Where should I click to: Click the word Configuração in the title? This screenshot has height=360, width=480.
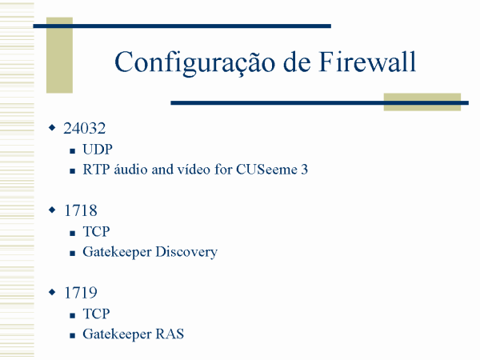[195, 62]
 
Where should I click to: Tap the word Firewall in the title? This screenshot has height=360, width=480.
[367, 62]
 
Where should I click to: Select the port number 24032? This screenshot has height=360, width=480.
[85, 128]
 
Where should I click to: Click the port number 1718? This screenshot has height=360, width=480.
[81, 210]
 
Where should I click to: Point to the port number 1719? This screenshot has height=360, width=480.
[81, 293]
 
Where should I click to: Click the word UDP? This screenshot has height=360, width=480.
[98, 150]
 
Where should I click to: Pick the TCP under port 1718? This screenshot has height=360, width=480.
[96, 231]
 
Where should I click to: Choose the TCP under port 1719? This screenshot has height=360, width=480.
[96, 314]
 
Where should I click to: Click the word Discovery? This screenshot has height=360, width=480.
[186, 252]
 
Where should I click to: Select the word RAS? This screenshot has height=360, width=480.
[170, 334]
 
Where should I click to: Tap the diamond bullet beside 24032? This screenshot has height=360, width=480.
[52, 127]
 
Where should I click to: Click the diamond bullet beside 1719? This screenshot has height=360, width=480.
[52, 292]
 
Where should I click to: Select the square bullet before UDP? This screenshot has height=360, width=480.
[73, 151]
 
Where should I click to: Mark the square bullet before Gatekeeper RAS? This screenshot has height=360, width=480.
[73, 336]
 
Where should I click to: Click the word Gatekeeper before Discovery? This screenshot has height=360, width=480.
[117, 252]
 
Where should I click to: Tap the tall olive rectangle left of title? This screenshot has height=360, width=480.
[59, 55]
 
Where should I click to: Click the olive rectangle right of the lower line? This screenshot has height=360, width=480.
[422, 102]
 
